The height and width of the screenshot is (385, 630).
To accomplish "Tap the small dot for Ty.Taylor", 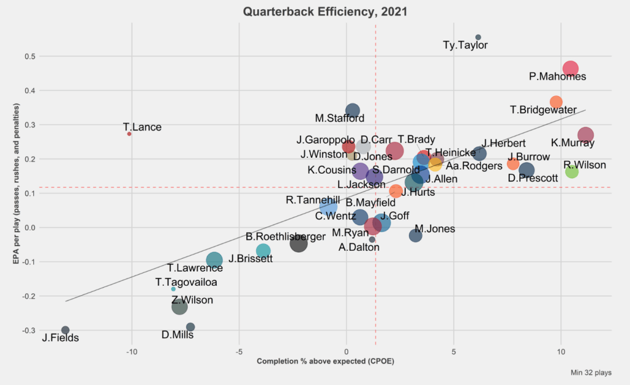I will [x=478, y=38].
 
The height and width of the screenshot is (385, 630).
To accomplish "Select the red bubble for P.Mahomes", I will [x=570, y=69].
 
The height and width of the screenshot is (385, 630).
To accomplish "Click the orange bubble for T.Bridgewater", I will [x=556, y=102].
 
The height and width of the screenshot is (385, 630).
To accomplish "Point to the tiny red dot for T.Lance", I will [x=129, y=134].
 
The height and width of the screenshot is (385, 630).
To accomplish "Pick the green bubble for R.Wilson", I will [x=571, y=171].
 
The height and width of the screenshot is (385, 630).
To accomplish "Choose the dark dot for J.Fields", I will [x=65, y=330].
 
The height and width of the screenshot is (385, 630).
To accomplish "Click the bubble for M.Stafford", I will [x=352, y=111].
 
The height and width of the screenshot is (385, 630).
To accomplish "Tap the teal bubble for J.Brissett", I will [x=263, y=251].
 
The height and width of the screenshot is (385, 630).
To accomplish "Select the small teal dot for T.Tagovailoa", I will [x=173, y=289].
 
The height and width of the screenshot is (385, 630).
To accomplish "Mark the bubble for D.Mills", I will [x=190, y=327].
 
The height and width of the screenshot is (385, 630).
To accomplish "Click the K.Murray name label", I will [x=573, y=143].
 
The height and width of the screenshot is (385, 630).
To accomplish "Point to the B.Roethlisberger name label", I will [x=286, y=237].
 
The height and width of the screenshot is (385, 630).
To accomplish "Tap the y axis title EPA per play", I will [x=17, y=184].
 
